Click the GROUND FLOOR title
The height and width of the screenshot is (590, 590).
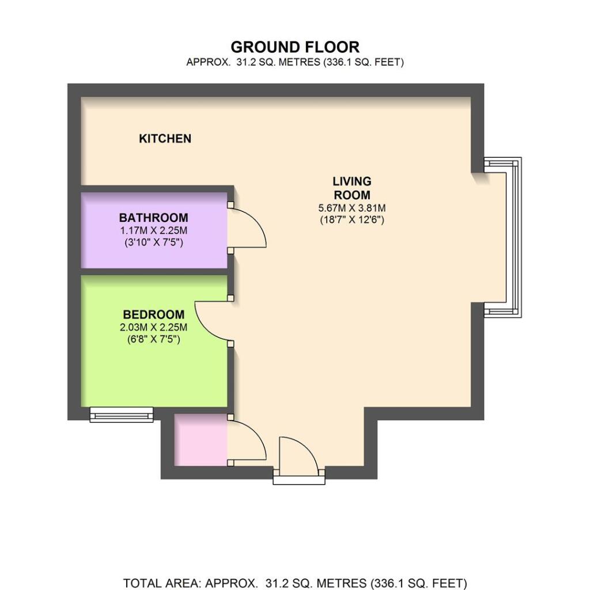click(295, 47)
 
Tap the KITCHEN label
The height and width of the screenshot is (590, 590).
click(165, 138)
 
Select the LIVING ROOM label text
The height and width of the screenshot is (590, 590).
click(352, 188)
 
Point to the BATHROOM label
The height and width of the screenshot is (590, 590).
click(153, 217)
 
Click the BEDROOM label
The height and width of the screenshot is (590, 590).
click(154, 314)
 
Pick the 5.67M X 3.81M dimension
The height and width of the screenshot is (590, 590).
click(352, 207)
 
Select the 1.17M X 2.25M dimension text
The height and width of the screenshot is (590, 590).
click(153, 230)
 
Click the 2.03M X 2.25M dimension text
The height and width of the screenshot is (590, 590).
click(153, 327)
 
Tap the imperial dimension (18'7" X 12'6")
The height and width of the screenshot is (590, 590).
click(352, 220)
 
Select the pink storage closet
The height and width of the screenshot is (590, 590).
click(201, 440)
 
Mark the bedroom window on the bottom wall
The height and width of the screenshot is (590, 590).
click(122, 414)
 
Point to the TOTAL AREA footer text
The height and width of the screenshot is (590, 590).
click(295, 583)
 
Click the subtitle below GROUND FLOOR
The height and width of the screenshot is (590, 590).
click(295, 62)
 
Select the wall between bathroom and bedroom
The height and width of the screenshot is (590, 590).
click(154, 272)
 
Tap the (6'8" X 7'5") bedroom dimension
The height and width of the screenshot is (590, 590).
click(153, 339)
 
